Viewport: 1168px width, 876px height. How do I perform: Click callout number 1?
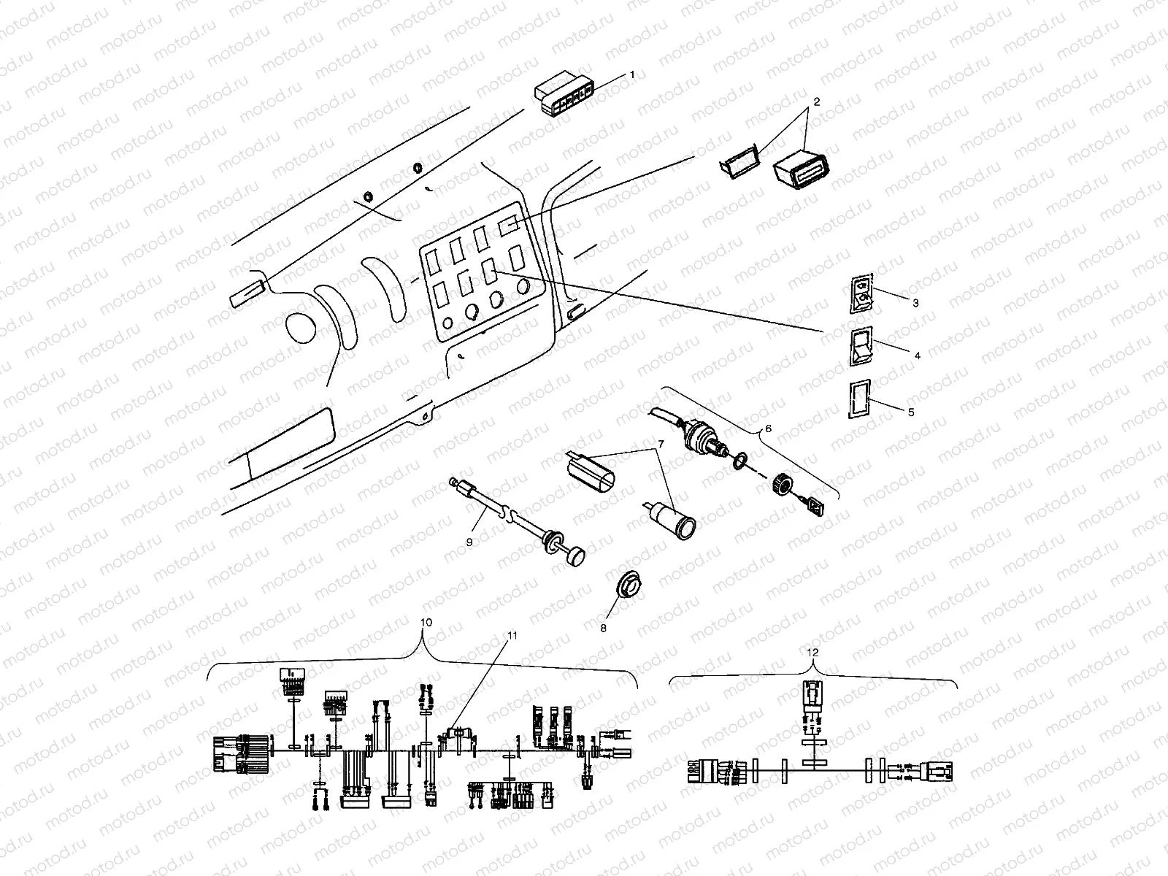632,75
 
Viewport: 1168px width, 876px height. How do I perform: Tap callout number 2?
816,102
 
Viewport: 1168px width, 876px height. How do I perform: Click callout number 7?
660,445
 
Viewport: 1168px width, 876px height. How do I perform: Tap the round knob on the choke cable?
577,556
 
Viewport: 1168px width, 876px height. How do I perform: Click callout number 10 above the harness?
427,622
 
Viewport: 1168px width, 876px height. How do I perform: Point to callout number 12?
813,651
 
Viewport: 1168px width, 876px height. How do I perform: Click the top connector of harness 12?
812,694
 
